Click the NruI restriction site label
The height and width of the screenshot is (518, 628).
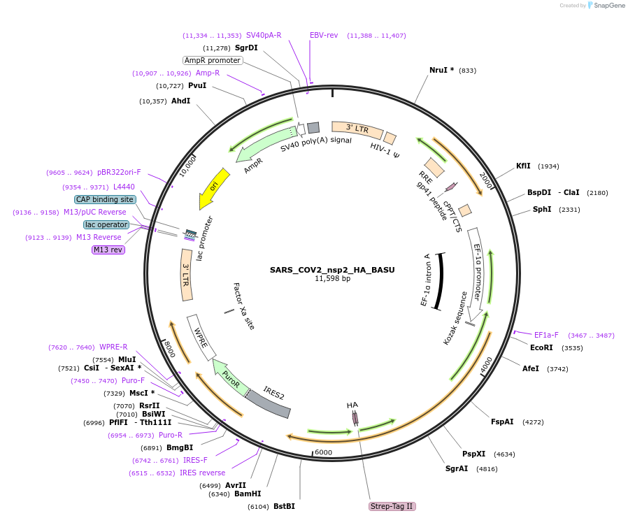pos(441,70)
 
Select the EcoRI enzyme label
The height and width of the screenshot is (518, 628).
pos(541,347)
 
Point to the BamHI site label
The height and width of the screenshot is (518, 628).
pos(248,494)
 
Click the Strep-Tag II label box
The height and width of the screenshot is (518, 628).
pos(392,506)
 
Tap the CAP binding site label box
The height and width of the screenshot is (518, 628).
pos(104,199)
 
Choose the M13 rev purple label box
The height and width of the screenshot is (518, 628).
pos(108,250)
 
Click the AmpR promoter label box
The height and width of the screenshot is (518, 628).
pos(213,60)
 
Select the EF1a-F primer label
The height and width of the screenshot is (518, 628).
pos(546,335)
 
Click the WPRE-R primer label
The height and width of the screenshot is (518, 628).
pos(113,347)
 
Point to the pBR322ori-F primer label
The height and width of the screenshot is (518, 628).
pos(119,172)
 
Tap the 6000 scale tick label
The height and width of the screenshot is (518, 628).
pos(323,452)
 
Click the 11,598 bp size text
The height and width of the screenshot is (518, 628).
pos(332,278)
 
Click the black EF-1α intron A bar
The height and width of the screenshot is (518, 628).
pos(439,280)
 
